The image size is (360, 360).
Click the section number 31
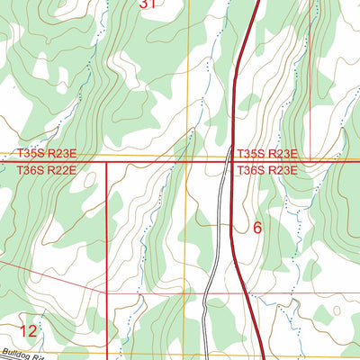pos(148,4)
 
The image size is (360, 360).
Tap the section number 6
pos(257,228)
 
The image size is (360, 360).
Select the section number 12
pos(28,331)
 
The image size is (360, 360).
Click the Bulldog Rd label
pos(22,354)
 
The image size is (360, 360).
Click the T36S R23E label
pos(267,168)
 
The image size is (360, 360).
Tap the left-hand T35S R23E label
pos(48,155)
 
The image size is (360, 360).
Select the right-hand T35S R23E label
pos(267,155)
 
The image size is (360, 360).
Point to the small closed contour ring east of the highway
pos(337,310)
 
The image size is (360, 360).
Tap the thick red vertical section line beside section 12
pos(107,270)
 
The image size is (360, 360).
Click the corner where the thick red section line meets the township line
pos(107,162)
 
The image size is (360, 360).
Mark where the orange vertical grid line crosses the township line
pos(186,162)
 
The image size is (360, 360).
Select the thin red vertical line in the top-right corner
pos(310,54)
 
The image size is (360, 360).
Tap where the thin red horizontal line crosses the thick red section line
pos(107,292)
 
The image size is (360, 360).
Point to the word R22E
pos(61,168)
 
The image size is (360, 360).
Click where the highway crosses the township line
pos(233,162)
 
